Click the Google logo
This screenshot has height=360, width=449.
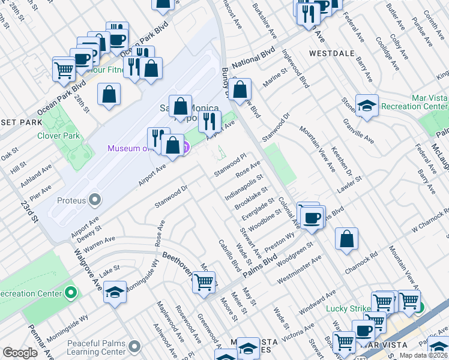tap(20, 353)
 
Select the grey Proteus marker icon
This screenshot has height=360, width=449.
tap(95, 199)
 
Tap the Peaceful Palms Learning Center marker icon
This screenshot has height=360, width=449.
tap(134, 346)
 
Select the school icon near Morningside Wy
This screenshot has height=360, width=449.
tap(115, 292)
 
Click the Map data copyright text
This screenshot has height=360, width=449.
tap(423, 355)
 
